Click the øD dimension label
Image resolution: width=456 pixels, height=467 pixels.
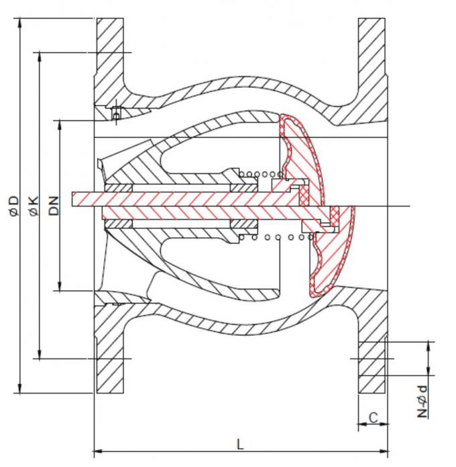15,205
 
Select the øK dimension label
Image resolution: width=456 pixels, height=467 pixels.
34,205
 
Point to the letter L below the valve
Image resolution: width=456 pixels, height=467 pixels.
240,444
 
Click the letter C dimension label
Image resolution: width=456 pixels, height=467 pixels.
374,417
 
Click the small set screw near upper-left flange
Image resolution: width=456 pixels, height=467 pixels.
115,114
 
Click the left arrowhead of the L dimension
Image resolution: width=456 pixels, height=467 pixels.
96,453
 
